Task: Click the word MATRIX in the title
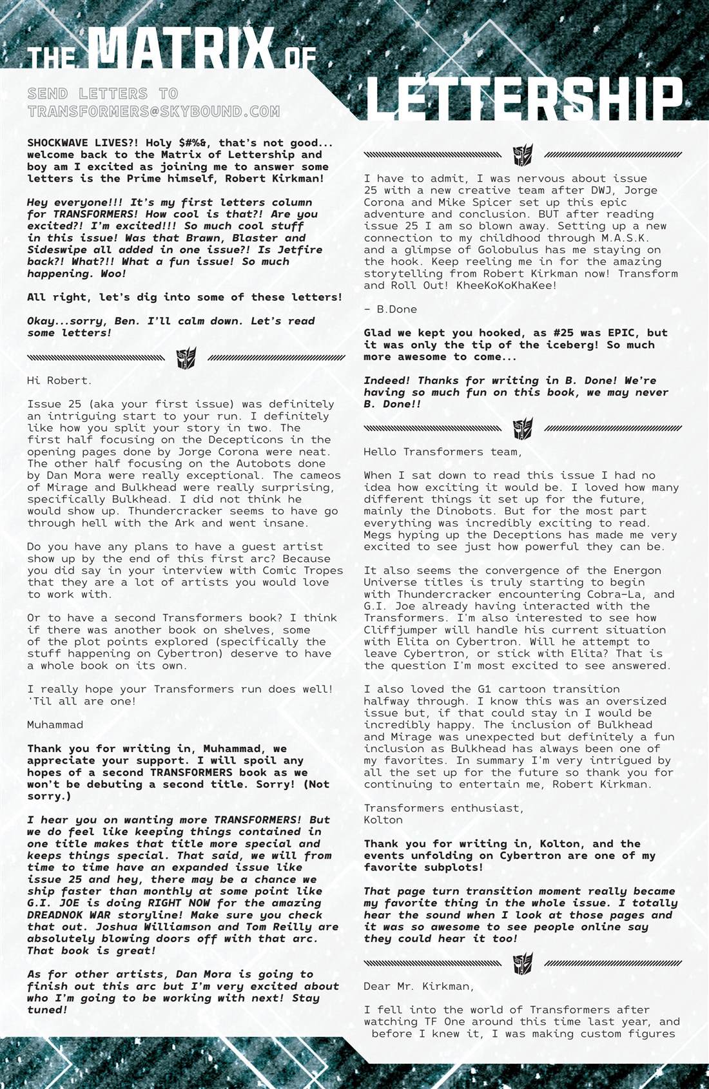pos(180,48)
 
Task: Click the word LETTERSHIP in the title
pos(524,100)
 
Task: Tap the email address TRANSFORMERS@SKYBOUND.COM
pos(153,111)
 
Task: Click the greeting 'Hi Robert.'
pos(59,380)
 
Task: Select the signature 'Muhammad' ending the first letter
pos(55,724)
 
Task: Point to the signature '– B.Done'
pos(390,309)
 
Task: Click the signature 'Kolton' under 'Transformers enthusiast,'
pos(383,820)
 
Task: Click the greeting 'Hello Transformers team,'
pos(443,452)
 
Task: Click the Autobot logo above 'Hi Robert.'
pos(186,358)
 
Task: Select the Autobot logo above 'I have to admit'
pos(523,155)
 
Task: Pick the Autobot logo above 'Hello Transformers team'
pos(523,428)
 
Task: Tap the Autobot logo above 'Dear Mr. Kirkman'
pos(523,963)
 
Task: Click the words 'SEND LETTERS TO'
pos(103,94)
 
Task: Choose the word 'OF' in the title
pos(301,58)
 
